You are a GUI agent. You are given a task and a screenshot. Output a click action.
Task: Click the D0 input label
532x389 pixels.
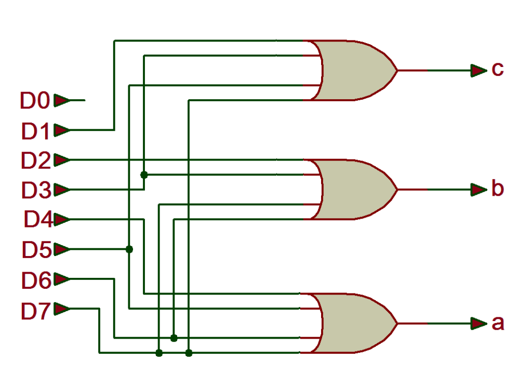tap(35, 100)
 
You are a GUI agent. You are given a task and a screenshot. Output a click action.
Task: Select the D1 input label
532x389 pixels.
tap(35, 131)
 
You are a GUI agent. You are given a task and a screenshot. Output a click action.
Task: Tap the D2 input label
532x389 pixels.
tap(36, 160)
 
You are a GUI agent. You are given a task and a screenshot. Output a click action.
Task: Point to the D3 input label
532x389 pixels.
tap(36, 190)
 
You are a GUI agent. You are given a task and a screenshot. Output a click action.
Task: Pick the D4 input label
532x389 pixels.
tap(38, 219)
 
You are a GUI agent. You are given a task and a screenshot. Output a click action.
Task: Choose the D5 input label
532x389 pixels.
tap(37, 250)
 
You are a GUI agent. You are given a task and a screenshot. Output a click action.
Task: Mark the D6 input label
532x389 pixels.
tap(36, 280)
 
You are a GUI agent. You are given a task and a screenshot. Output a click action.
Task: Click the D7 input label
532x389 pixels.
tap(36, 311)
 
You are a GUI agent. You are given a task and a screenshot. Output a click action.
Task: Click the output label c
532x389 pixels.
tap(498, 69)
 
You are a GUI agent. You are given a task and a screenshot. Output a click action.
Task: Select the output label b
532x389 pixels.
tap(498, 188)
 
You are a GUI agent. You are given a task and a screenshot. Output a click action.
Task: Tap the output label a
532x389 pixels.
tap(498, 323)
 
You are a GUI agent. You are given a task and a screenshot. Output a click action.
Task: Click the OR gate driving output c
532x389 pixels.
tap(353, 71)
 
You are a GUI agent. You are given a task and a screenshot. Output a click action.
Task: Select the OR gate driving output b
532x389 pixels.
tap(353, 190)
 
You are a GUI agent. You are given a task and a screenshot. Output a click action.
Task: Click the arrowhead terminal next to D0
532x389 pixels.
tap(62, 100)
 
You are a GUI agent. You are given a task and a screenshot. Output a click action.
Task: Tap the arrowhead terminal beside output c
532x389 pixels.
tap(479, 71)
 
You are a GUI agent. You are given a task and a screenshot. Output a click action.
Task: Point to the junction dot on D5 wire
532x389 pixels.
tap(129, 250)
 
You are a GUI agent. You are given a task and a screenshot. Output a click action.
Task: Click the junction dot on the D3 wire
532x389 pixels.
tap(144, 175)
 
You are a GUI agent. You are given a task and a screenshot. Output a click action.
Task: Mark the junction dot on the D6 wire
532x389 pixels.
tap(174, 338)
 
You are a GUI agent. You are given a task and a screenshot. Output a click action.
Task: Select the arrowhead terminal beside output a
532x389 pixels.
tap(479, 324)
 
